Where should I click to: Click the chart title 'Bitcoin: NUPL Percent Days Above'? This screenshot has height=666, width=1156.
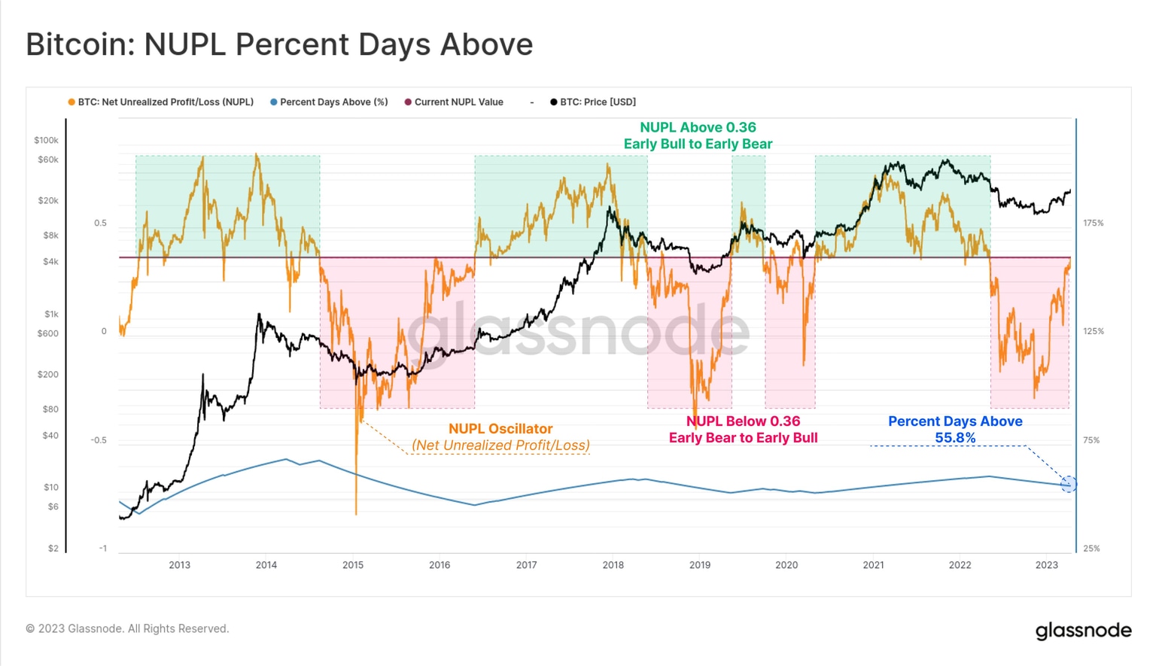coord(279,44)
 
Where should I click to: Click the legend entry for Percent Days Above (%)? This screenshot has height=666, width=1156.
coord(329,102)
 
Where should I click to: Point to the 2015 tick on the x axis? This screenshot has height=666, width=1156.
coord(353,565)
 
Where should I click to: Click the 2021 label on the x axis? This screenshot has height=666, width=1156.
coord(873,565)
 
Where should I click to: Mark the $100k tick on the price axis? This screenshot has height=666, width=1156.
coord(46,140)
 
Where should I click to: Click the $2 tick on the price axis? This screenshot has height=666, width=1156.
coord(53,549)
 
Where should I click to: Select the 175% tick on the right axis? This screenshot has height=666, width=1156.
coord(1093,224)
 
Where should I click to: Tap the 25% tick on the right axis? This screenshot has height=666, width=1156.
coord(1091,549)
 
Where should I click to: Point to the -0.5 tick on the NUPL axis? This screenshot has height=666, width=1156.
coord(99,440)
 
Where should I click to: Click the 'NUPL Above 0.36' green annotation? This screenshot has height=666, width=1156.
coord(698,128)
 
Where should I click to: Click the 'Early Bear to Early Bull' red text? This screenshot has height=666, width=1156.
coord(743,438)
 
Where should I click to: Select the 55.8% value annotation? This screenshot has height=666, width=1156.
coord(955,438)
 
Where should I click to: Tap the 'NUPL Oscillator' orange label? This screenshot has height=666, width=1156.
coord(500,429)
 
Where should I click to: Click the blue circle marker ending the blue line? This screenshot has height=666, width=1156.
coord(1069,485)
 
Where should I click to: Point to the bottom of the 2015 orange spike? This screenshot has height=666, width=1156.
coord(356,514)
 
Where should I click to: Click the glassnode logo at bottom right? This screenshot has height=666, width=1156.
coord(1083,631)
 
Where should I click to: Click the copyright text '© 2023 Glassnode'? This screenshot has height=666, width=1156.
coord(127,629)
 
